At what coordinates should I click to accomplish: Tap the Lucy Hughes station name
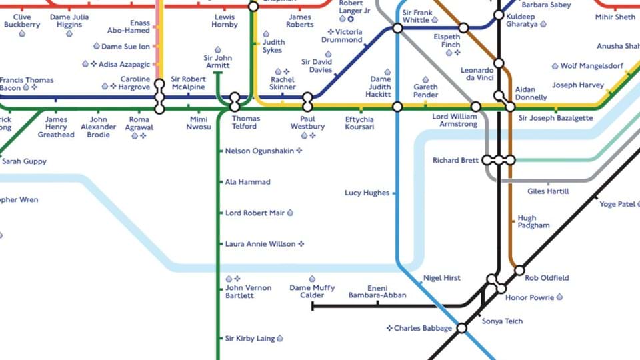[367, 193]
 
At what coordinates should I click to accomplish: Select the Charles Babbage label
[423, 328]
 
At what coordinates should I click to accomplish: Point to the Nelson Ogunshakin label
[259, 151]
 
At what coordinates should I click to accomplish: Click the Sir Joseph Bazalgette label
[555, 118]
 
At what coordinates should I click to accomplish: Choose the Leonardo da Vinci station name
[477, 74]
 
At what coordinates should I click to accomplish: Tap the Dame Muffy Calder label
[312, 291]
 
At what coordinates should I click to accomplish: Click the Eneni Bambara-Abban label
[377, 291]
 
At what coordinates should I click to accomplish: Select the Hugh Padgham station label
[533, 222]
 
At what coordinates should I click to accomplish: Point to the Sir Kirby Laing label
[250, 339]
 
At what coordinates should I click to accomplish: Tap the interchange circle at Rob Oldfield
[519, 271]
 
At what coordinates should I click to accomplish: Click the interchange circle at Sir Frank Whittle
[397, 28]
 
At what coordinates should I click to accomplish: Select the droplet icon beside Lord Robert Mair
[290, 213]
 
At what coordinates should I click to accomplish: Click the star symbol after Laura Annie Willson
[301, 244]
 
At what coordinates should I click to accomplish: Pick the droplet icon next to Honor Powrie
[559, 297]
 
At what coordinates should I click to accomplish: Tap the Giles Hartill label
[548, 191]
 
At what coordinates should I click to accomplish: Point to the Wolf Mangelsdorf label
[591, 66]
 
